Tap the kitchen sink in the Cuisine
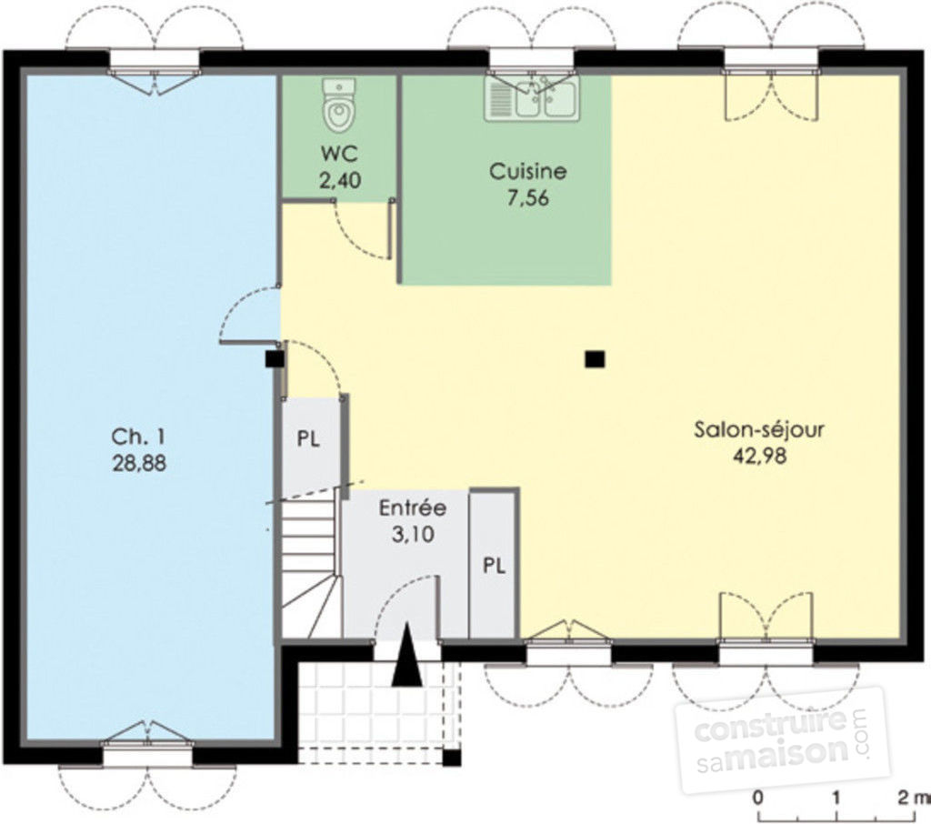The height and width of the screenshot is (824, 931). (531, 99)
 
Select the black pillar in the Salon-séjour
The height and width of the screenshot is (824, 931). (595, 359)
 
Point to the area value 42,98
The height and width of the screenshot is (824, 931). (760, 456)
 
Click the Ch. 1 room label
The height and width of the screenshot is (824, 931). (139, 437)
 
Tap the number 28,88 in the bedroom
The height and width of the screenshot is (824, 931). (139, 463)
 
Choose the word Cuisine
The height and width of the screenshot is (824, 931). (528, 171)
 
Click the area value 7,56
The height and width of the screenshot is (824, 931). (528, 197)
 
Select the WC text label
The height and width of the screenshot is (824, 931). (340, 154)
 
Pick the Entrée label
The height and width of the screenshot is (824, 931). (413, 507)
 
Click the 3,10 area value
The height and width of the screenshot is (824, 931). (414, 534)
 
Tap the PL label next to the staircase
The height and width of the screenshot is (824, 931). (308, 439)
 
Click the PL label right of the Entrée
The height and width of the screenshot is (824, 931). (494, 566)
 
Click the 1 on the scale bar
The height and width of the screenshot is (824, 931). (836, 798)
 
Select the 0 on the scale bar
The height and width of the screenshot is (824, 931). (758, 798)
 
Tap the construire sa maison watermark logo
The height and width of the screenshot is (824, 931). (781, 740)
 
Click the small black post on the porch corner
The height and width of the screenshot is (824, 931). (453, 758)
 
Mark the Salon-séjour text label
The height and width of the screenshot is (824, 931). (759, 429)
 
